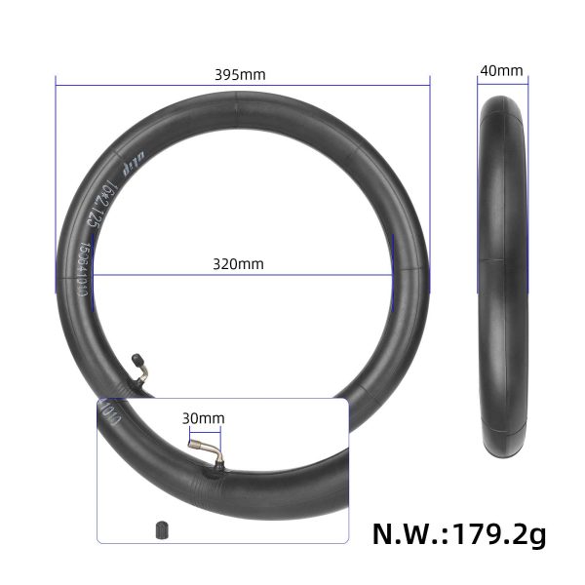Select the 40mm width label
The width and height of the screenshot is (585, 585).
click(x=501, y=71)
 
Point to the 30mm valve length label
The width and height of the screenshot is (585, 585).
click(x=203, y=418)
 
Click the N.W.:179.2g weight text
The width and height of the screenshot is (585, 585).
click(x=459, y=534)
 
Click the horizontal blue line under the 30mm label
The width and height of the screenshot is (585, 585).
click(x=202, y=430)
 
